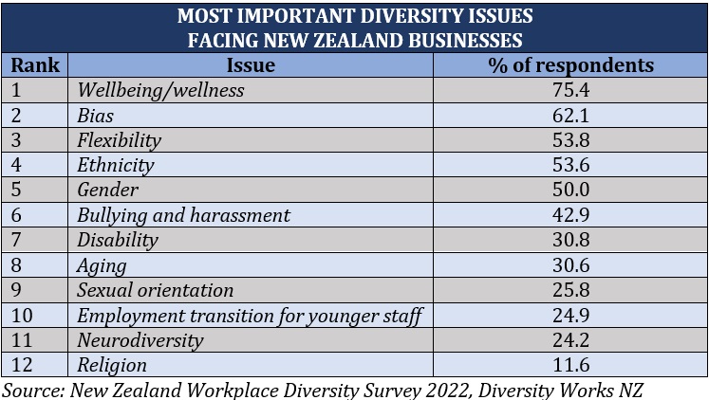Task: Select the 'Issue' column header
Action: click(251, 65)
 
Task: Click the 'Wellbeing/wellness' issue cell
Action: click(160, 91)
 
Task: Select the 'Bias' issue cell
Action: click(95, 116)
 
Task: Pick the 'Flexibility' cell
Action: click(119, 140)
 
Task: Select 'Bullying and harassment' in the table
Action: click(183, 215)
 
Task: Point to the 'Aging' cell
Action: click(102, 265)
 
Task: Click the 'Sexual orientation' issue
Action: click(155, 290)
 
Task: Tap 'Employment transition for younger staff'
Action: click(249, 315)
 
